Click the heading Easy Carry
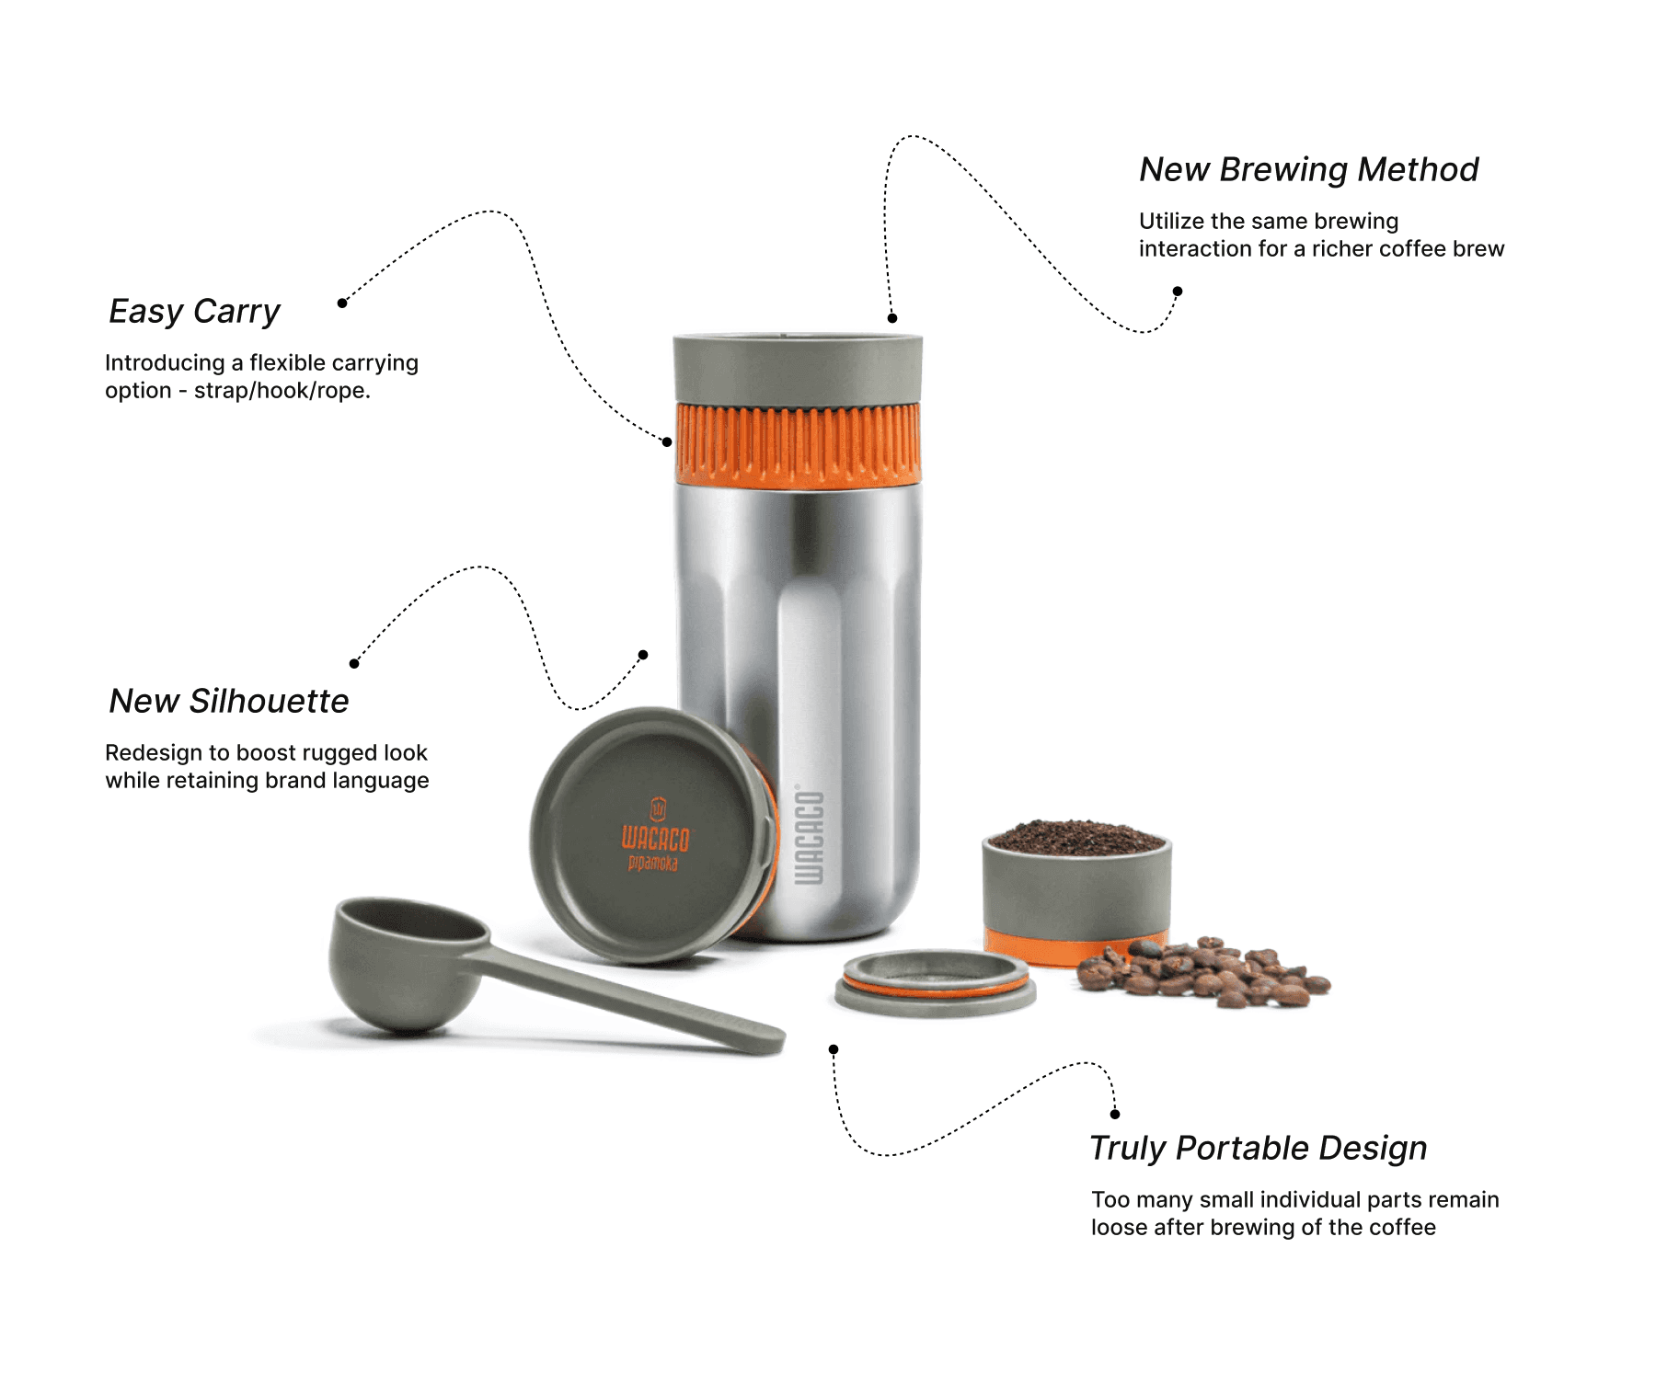tap(194, 312)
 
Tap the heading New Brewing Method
tap(1308, 170)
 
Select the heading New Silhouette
tap(229, 701)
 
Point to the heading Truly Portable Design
tap(1258, 1149)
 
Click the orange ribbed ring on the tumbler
tap(798, 443)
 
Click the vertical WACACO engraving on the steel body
tap(809, 835)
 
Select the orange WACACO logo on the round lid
tap(655, 836)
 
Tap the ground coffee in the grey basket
tap(1075, 838)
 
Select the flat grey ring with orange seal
tap(936, 983)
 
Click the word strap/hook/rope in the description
tap(282, 391)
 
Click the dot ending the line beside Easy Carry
tap(342, 303)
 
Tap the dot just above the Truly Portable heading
tap(1115, 1115)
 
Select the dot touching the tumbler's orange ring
tap(667, 442)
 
